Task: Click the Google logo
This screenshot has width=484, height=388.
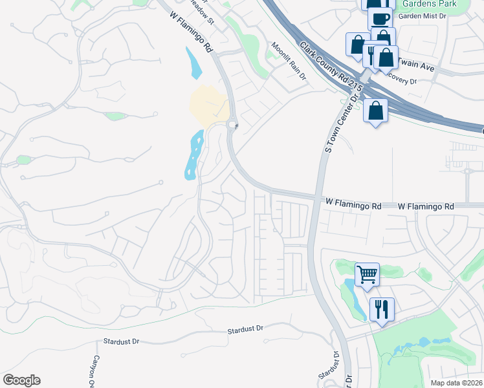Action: pos(21,380)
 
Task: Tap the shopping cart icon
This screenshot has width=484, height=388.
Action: pos(367,274)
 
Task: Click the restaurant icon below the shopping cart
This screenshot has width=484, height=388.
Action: pos(382,308)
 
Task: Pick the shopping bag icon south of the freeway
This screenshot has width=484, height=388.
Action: pos(375,111)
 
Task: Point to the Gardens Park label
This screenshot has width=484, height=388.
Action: pos(429,4)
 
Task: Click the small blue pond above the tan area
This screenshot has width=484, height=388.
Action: pos(193,63)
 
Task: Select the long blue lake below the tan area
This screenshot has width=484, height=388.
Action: pos(193,155)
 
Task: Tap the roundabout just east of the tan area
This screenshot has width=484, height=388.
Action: pos(233,125)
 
